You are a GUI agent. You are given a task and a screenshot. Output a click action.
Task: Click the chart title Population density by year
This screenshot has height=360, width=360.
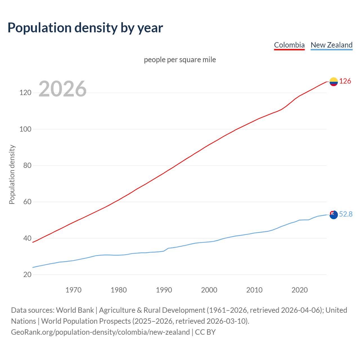point(85,28)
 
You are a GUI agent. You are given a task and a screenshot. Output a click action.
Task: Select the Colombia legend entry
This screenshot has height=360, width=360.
point(289,45)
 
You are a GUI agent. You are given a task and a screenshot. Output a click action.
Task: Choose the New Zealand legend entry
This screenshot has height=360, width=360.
point(331,45)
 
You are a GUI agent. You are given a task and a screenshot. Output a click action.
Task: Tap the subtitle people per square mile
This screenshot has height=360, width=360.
point(180,60)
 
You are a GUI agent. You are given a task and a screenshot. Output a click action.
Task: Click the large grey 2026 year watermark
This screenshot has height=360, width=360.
point(62,89)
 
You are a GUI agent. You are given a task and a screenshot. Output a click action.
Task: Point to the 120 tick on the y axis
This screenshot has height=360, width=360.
point(25,93)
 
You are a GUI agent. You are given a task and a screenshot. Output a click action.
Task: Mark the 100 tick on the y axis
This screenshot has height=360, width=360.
point(25,129)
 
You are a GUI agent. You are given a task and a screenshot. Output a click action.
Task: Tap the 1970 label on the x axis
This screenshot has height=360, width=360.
point(73,290)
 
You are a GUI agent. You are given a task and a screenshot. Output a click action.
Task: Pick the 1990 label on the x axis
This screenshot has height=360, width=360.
point(164,290)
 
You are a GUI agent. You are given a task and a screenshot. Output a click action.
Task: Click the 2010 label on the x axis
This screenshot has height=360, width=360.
point(254,290)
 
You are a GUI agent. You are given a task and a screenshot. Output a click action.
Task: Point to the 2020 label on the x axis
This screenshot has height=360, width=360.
point(300,290)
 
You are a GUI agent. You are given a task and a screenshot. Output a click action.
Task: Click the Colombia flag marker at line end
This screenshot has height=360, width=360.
point(334,82)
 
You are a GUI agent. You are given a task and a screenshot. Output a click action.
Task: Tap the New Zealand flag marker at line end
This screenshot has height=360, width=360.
point(334,215)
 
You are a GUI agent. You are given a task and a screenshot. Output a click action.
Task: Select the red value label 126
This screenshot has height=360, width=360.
point(345,81)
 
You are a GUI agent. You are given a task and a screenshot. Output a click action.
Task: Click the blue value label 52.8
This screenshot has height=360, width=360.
point(346,214)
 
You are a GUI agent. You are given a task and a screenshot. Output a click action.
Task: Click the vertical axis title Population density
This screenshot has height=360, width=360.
point(12,174)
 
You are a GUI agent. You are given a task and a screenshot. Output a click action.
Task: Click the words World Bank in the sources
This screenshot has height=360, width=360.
point(75,310)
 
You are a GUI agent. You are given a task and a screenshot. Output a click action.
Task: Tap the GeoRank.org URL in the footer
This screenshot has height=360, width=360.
point(100,332)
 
